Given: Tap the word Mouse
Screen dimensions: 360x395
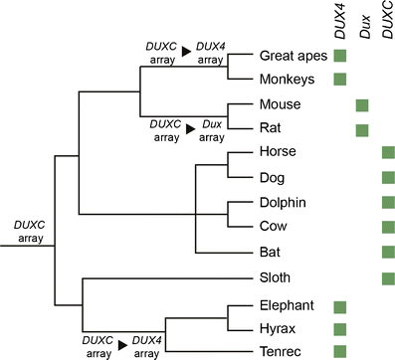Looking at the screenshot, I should click(x=279, y=103).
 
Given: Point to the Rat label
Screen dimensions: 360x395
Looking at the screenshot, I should click(x=271, y=128).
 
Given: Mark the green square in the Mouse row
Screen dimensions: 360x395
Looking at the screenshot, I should click(x=362, y=104).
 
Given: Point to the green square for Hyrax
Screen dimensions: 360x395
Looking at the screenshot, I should click(x=340, y=328).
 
